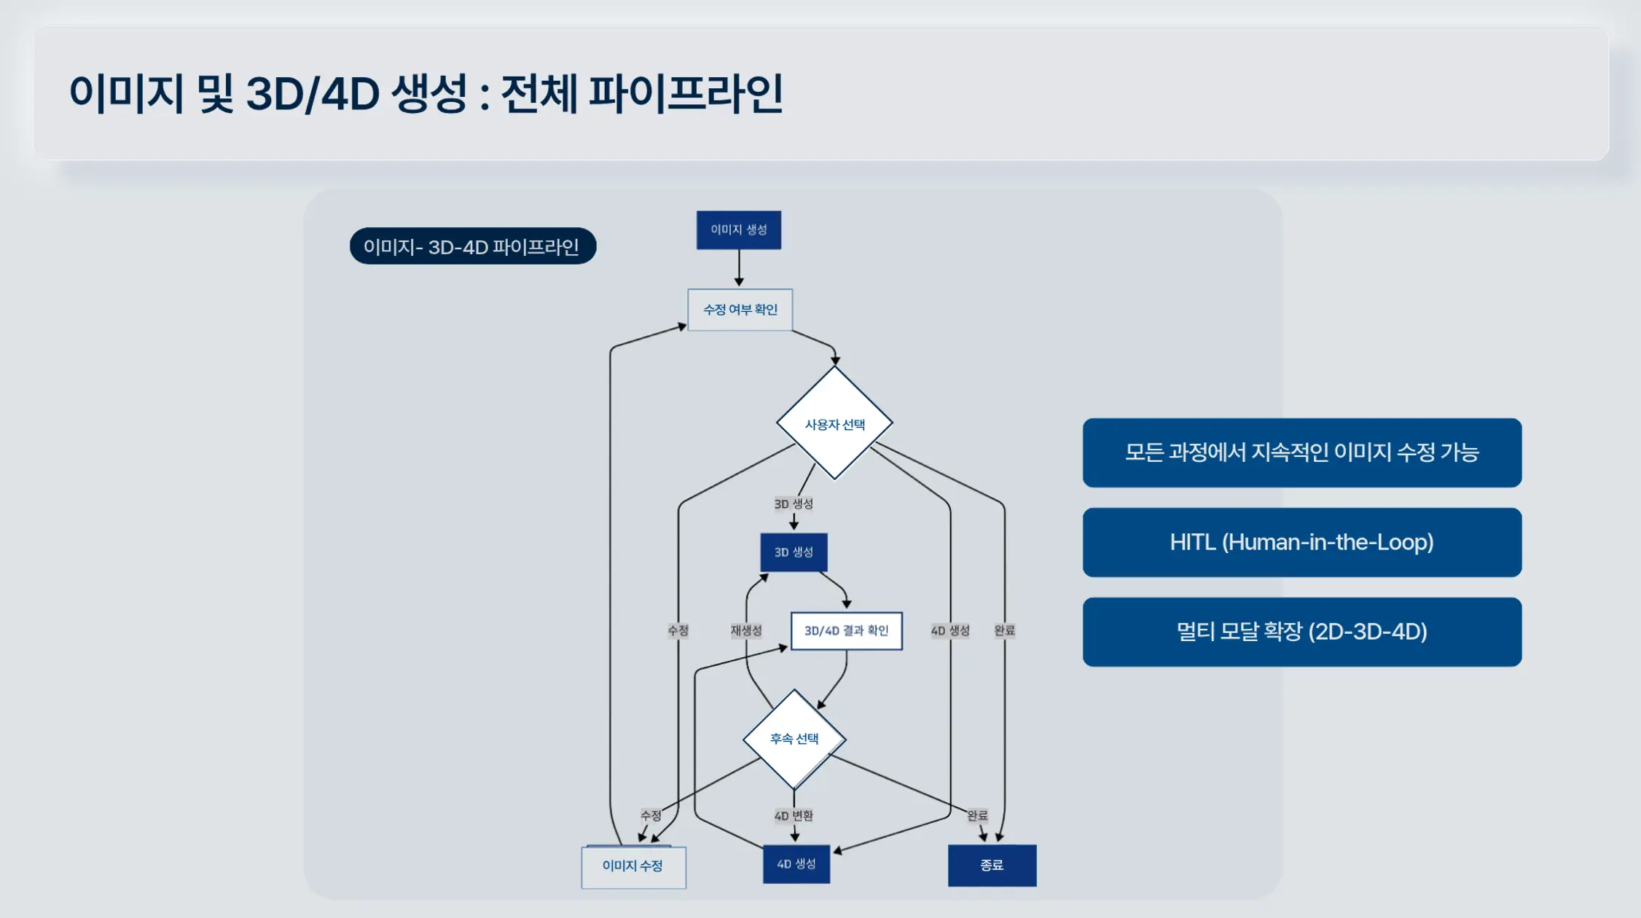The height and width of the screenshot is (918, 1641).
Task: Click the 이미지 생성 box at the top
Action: click(x=738, y=230)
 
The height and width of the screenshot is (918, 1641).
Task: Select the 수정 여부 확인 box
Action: click(x=740, y=310)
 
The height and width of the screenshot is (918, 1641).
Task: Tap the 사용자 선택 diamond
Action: click(x=834, y=424)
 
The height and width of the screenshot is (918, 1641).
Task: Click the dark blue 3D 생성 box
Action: click(x=794, y=552)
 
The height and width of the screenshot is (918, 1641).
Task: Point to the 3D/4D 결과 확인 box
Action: click(x=846, y=631)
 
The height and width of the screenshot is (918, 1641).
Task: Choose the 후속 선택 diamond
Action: click(x=794, y=739)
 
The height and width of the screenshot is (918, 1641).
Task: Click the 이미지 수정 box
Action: click(x=632, y=866)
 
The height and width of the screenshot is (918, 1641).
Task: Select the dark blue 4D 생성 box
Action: click(x=796, y=864)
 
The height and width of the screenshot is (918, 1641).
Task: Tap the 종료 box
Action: click(x=992, y=866)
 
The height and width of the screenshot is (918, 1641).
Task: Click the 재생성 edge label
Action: click(x=746, y=631)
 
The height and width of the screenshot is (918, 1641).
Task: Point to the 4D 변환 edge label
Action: click(x=794, y=816)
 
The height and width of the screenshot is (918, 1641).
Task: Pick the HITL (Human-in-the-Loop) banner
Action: click(x=1301, y=542)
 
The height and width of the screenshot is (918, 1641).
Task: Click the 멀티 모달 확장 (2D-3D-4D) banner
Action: click(x=1301, y=632)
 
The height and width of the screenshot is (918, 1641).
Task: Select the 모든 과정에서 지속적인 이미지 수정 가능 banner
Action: click(x=1301, y=452)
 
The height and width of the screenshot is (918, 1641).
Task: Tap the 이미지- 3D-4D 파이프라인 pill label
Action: click(x=472, y=247)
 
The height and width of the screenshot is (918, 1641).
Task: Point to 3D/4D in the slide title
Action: click(x=313, y=94)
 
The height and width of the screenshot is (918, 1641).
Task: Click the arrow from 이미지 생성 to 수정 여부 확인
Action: click(x=739, y=267)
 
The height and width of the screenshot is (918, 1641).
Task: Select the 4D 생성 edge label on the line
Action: click(x=950, y=631)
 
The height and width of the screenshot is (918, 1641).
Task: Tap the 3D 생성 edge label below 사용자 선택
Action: click(x=794, y=504)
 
